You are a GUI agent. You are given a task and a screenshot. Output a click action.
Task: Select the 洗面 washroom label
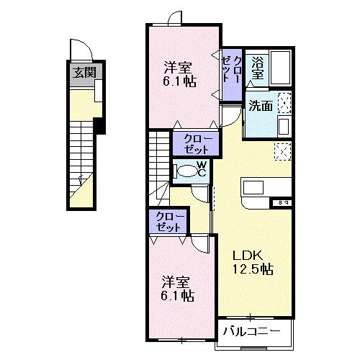260,105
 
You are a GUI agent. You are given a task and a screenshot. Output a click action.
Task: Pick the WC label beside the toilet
202,171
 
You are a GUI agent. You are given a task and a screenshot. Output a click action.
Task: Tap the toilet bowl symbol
187,171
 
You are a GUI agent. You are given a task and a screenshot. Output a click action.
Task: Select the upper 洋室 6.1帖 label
178,74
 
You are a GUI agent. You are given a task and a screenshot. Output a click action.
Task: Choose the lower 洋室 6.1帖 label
176,288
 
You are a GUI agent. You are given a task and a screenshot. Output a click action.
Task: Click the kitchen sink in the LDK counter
253,186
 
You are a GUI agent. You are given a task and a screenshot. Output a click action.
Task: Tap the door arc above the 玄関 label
81,53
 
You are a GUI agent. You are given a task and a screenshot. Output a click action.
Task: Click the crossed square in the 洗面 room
284,103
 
